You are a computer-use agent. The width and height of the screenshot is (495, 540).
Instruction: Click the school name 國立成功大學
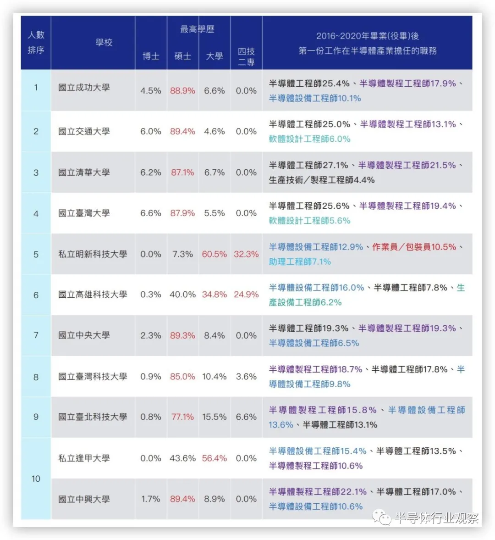pos(84,88)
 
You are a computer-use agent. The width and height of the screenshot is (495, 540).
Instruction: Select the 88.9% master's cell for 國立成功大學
pos(182,91)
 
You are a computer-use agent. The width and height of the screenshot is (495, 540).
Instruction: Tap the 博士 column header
pos(151,56)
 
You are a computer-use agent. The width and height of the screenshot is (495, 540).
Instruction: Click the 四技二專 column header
pos(246,56)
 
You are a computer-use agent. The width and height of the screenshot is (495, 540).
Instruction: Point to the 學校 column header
pos(104,43)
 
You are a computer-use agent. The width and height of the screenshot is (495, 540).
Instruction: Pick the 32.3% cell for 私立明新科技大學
pos(246,254)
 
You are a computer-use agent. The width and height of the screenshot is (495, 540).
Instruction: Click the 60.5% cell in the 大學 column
pos(214,254)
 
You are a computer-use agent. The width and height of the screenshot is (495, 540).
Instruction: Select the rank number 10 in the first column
pos(36,479)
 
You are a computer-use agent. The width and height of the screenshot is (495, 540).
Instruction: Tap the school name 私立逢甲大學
pos(84,458)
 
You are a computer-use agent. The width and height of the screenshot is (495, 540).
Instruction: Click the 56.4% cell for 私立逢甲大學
pos(214,458)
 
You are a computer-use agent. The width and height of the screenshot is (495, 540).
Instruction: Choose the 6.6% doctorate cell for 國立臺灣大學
pos(151,213)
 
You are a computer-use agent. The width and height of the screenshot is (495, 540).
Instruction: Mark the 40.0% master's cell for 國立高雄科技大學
pos(182,295)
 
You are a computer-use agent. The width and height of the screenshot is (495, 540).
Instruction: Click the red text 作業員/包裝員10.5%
pos(414,247)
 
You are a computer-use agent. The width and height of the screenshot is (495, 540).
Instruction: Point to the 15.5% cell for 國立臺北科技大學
pos(214,417)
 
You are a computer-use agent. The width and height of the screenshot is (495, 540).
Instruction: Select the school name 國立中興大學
pos(84,499)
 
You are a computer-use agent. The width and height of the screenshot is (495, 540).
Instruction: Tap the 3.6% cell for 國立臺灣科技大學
pos(246,377)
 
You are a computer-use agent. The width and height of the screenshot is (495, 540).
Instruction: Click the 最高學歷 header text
pos(197,29)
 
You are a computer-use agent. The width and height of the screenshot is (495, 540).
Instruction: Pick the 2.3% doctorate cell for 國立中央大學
pos(151,335)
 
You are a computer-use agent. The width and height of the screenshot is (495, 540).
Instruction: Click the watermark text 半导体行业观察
pos(436,518)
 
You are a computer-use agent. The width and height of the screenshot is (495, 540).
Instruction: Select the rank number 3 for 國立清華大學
pos(36,173)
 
